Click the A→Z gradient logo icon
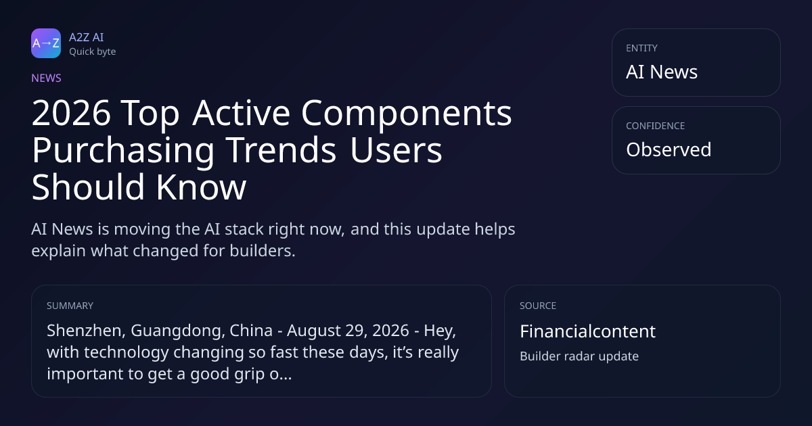(x=46, y=43)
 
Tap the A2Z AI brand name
(x=87, y=37)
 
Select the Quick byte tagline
(x=93, y=52)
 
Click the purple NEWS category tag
(x=47, y=78)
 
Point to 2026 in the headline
(x=71, y=113)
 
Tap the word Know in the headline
(x=201, y=187)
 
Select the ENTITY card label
(x=641, y=48)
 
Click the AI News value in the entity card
(x=662, y=72)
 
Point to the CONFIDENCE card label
(x=656, y=126)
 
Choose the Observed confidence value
(x=669, y=149)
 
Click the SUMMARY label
(x=70, y=306)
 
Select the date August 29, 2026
(x=348, y=331)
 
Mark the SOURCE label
(x=538, y=306)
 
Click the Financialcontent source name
(x=587, y=331)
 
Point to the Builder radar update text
(x=579, y=356)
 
